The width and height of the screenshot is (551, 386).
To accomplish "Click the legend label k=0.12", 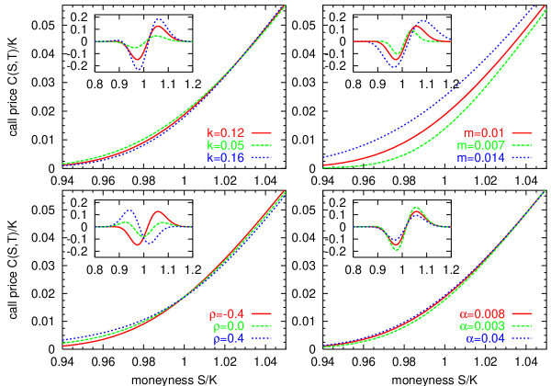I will (x=226, y=133).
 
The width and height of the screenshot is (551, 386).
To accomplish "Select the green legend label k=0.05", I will (x=226, y=146).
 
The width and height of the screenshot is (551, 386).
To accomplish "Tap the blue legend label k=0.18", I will (x=226, y=158).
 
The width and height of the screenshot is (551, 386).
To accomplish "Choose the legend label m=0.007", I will (x=484, y=146).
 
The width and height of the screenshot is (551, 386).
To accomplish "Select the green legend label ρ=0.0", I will (x=227, y=326).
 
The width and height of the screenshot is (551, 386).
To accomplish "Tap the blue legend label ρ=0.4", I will (x=227, y=338).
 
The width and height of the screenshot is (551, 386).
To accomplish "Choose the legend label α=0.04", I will (x=486, y=338).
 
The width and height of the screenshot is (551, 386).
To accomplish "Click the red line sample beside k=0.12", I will (x=264, y=133).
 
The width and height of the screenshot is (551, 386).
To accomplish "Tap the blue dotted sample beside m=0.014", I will (x=523, y=158).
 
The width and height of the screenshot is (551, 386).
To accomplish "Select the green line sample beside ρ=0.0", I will (x=264, y=326).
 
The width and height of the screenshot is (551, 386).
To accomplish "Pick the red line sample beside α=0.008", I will (x=523, y=314).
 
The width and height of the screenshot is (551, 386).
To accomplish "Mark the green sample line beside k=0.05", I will (x=264, y=146).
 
